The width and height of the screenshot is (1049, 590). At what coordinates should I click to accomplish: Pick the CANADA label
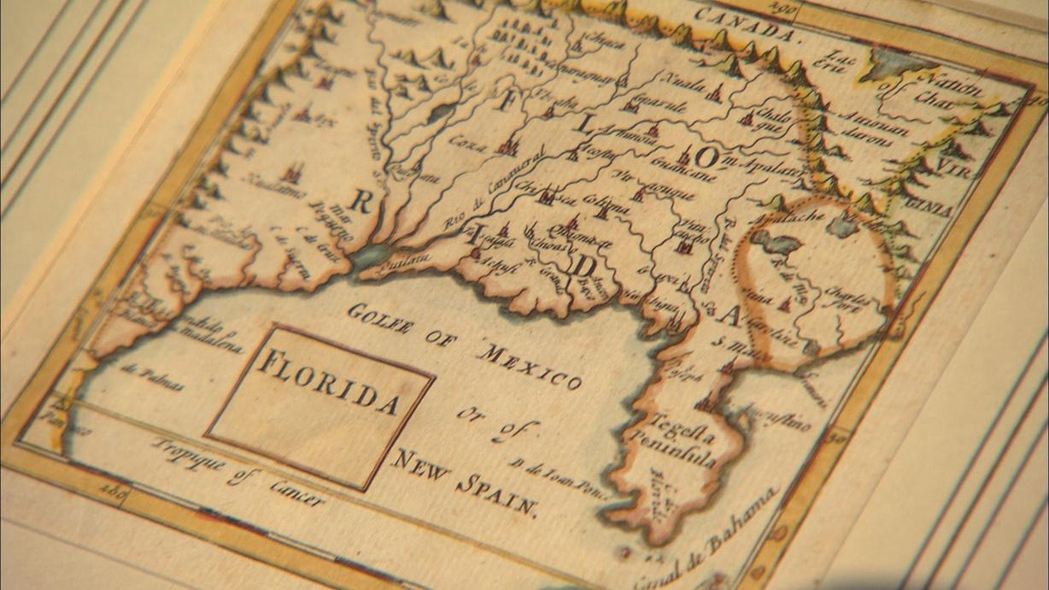tap(746, 27)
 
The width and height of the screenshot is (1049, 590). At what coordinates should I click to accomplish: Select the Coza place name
tap(467, 142)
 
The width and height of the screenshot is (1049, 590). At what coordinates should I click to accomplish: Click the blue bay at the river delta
tap(371, 255)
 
